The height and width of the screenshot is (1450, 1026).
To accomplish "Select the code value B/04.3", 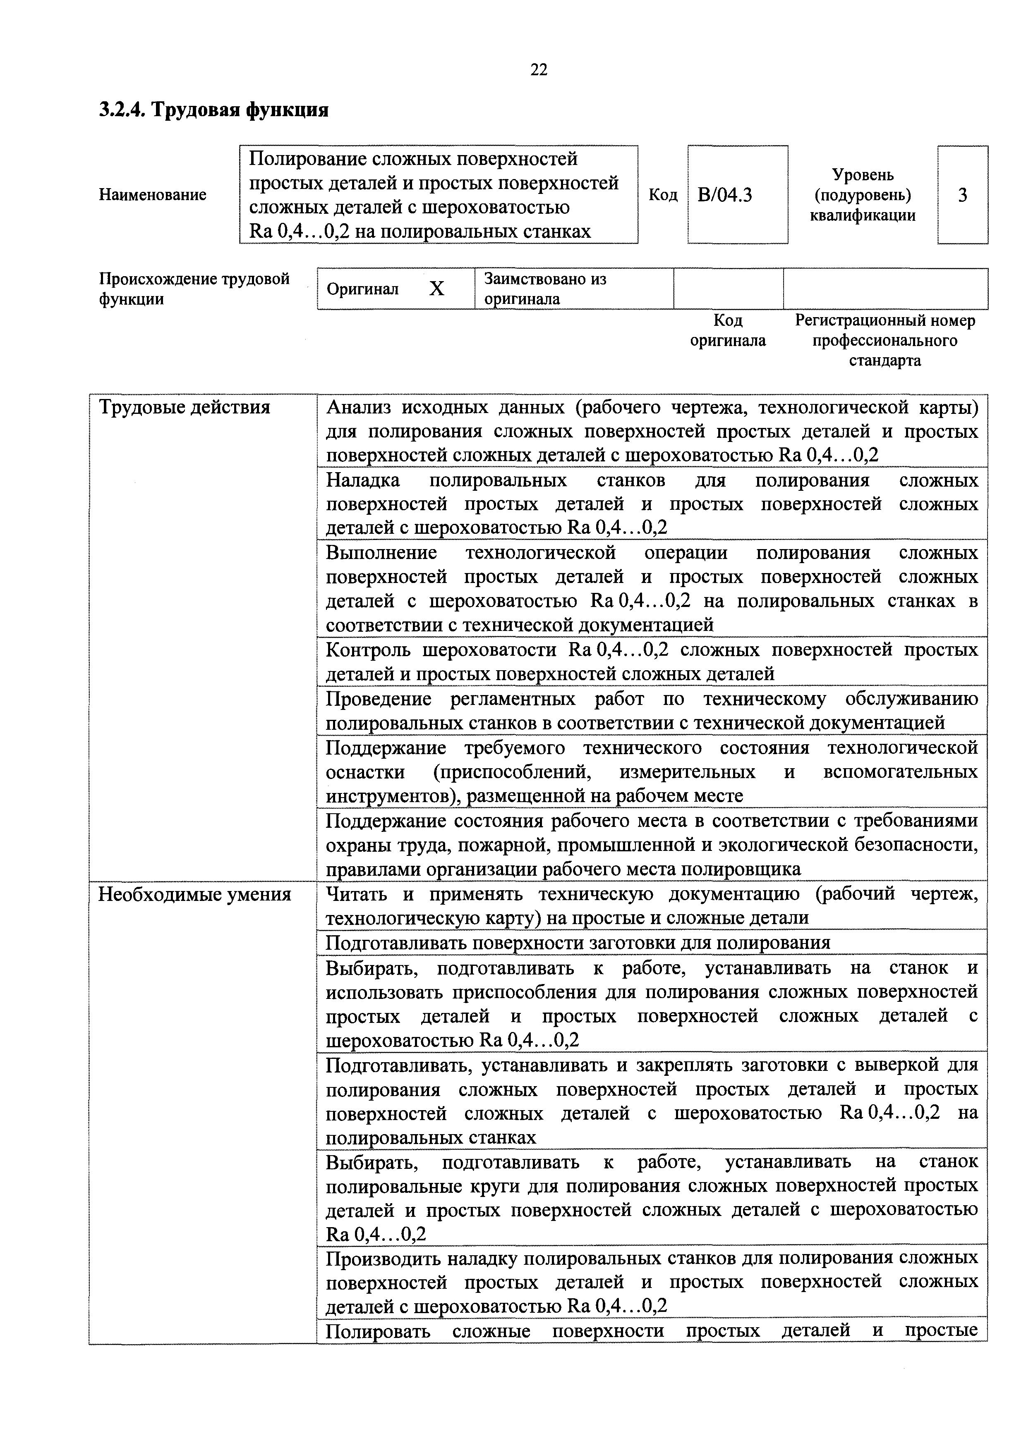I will [725, 195].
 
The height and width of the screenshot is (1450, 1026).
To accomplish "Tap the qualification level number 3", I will [962, 195].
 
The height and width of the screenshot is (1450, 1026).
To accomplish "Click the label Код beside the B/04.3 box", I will [663, 195].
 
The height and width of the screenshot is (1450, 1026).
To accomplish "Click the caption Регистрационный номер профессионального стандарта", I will [885, 340].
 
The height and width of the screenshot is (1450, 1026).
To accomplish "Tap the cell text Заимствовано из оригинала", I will [544, 289].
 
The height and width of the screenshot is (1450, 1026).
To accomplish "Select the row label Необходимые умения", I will [194, 895].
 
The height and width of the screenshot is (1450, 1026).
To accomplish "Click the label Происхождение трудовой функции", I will [194, 289].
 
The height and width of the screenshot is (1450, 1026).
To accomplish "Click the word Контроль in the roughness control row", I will [368, 650].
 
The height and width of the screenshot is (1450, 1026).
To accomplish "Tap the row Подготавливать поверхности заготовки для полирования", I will [578, 943].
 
